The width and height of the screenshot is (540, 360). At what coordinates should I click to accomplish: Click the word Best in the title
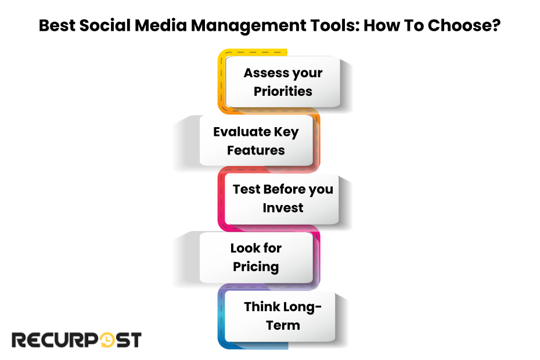(x=57, y=26)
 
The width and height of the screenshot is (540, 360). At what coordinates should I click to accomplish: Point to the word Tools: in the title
(x=335, y=26)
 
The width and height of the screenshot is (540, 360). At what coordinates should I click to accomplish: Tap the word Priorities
(x=283, y=91)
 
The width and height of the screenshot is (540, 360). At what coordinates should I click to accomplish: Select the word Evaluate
(x=242, y=132)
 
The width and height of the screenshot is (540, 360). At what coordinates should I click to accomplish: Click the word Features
(x=256, y=150)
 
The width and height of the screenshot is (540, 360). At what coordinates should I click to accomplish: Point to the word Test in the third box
(x=246, y=189)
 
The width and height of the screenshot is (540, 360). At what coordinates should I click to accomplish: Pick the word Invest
(x=283, y=208)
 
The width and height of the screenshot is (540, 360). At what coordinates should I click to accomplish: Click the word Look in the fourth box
(x=245, y=248)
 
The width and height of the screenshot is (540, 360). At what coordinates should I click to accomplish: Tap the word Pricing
(x=256, y=267)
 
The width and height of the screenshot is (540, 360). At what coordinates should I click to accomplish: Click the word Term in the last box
(x=283, y=325)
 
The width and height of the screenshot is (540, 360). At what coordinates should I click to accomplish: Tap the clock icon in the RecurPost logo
(x=107, y=340)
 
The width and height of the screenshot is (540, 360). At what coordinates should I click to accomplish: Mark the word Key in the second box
(x=286, y=132)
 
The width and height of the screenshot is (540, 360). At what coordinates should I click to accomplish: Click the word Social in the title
(x=105, y=26)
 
